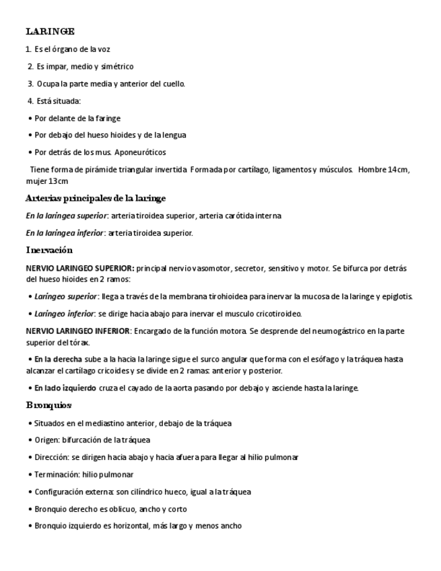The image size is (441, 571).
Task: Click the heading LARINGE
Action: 50,31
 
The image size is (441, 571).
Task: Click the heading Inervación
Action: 48,250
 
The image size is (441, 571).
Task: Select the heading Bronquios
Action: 48,405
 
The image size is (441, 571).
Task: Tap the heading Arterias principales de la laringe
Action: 95,199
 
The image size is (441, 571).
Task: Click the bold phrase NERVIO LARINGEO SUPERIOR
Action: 79,268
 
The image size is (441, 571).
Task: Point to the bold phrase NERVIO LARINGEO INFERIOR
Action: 78,331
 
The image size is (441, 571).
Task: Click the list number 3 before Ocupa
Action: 30,83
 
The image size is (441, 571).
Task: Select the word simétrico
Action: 118,67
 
